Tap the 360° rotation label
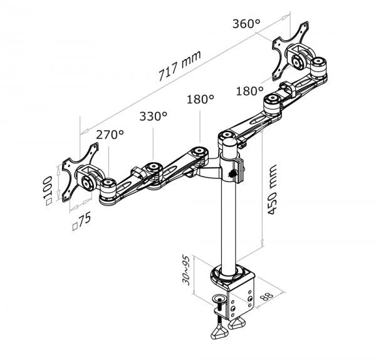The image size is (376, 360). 245,24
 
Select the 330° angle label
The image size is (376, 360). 154,116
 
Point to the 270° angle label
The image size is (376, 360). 110,134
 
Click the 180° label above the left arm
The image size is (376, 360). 200,99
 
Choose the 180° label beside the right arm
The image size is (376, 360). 250,91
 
